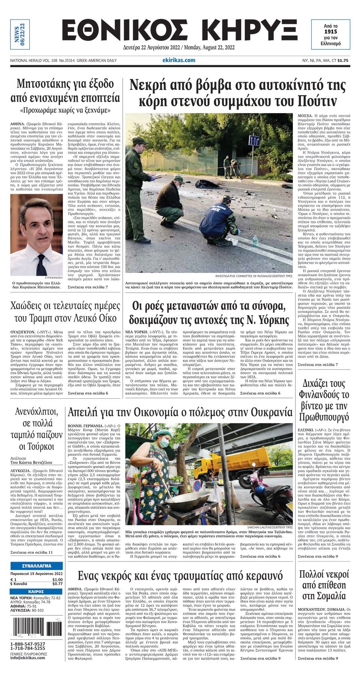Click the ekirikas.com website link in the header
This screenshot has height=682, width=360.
click(x=179, y=60)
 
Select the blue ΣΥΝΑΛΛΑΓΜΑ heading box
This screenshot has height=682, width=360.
click(x=37, y=566)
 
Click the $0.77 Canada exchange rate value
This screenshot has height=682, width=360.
click(x=57, y=583)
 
